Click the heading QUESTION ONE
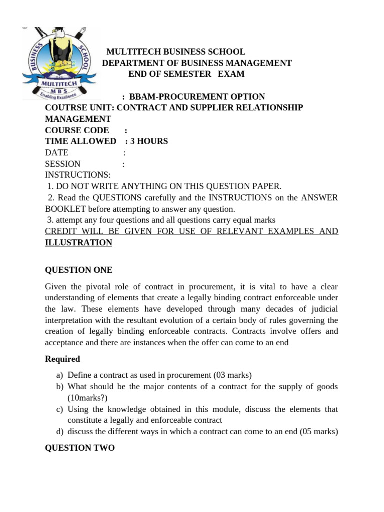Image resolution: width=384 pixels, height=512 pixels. point(79,270)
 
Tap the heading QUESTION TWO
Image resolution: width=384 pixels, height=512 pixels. point(80,448)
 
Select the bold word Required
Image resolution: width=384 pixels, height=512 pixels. point(62,359)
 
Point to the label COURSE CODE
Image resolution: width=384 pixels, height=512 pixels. point(77,130)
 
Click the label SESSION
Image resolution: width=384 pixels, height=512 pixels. point(63,164)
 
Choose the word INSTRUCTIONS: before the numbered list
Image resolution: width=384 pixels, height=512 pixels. point(78,175)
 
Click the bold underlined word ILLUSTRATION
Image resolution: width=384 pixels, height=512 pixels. point(79,242)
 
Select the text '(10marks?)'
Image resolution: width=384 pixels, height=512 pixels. point(87,398)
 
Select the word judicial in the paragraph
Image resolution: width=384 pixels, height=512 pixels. point(325,309)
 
